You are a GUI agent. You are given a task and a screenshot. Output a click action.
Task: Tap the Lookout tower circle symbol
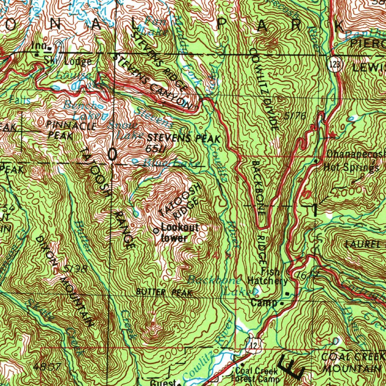[156, 231]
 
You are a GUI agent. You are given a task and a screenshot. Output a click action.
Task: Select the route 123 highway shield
[334, 64]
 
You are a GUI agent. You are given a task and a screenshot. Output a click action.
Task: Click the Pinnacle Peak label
[72, 130]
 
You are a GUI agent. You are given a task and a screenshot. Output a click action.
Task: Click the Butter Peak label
[164, 292]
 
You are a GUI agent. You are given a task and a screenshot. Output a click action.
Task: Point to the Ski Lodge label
[67, 61]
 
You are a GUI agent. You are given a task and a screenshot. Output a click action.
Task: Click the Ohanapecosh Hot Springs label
[354, 161]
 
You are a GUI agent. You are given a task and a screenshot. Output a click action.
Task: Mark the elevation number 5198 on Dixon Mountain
[75, 269]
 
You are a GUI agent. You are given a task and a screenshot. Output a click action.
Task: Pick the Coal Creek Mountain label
[353, 362]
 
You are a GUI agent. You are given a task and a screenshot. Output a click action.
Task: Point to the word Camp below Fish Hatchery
[264, 303]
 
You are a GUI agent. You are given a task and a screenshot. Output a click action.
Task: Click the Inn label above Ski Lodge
[39, 46]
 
